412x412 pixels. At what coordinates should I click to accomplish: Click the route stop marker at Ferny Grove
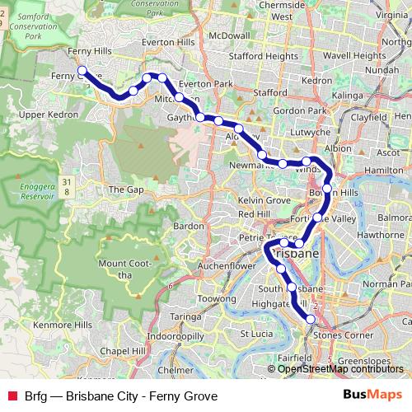click(x=82, y=70)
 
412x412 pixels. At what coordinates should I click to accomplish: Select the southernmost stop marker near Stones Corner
click(x=311, y=319)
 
